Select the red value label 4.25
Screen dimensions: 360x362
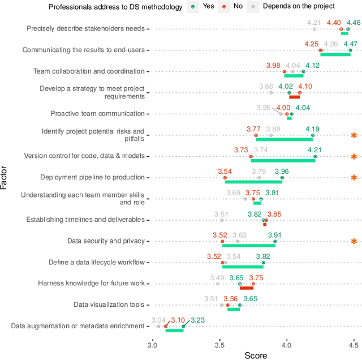(x=312, y=44)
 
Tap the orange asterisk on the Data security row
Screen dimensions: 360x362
(x=354, y=242)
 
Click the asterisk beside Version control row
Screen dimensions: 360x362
(x=354, y=157)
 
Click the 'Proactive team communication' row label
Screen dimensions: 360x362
(x=97, y=114)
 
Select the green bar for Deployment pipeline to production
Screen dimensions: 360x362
(x=253, y=182)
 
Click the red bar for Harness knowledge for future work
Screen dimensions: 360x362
(x=247, y=288)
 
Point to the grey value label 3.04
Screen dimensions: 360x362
(x=158, y=320)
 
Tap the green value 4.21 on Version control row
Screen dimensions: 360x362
(x=314, y=150)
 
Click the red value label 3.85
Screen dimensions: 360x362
(x=274, y=215)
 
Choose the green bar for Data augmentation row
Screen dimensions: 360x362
(x=174, y=331)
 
